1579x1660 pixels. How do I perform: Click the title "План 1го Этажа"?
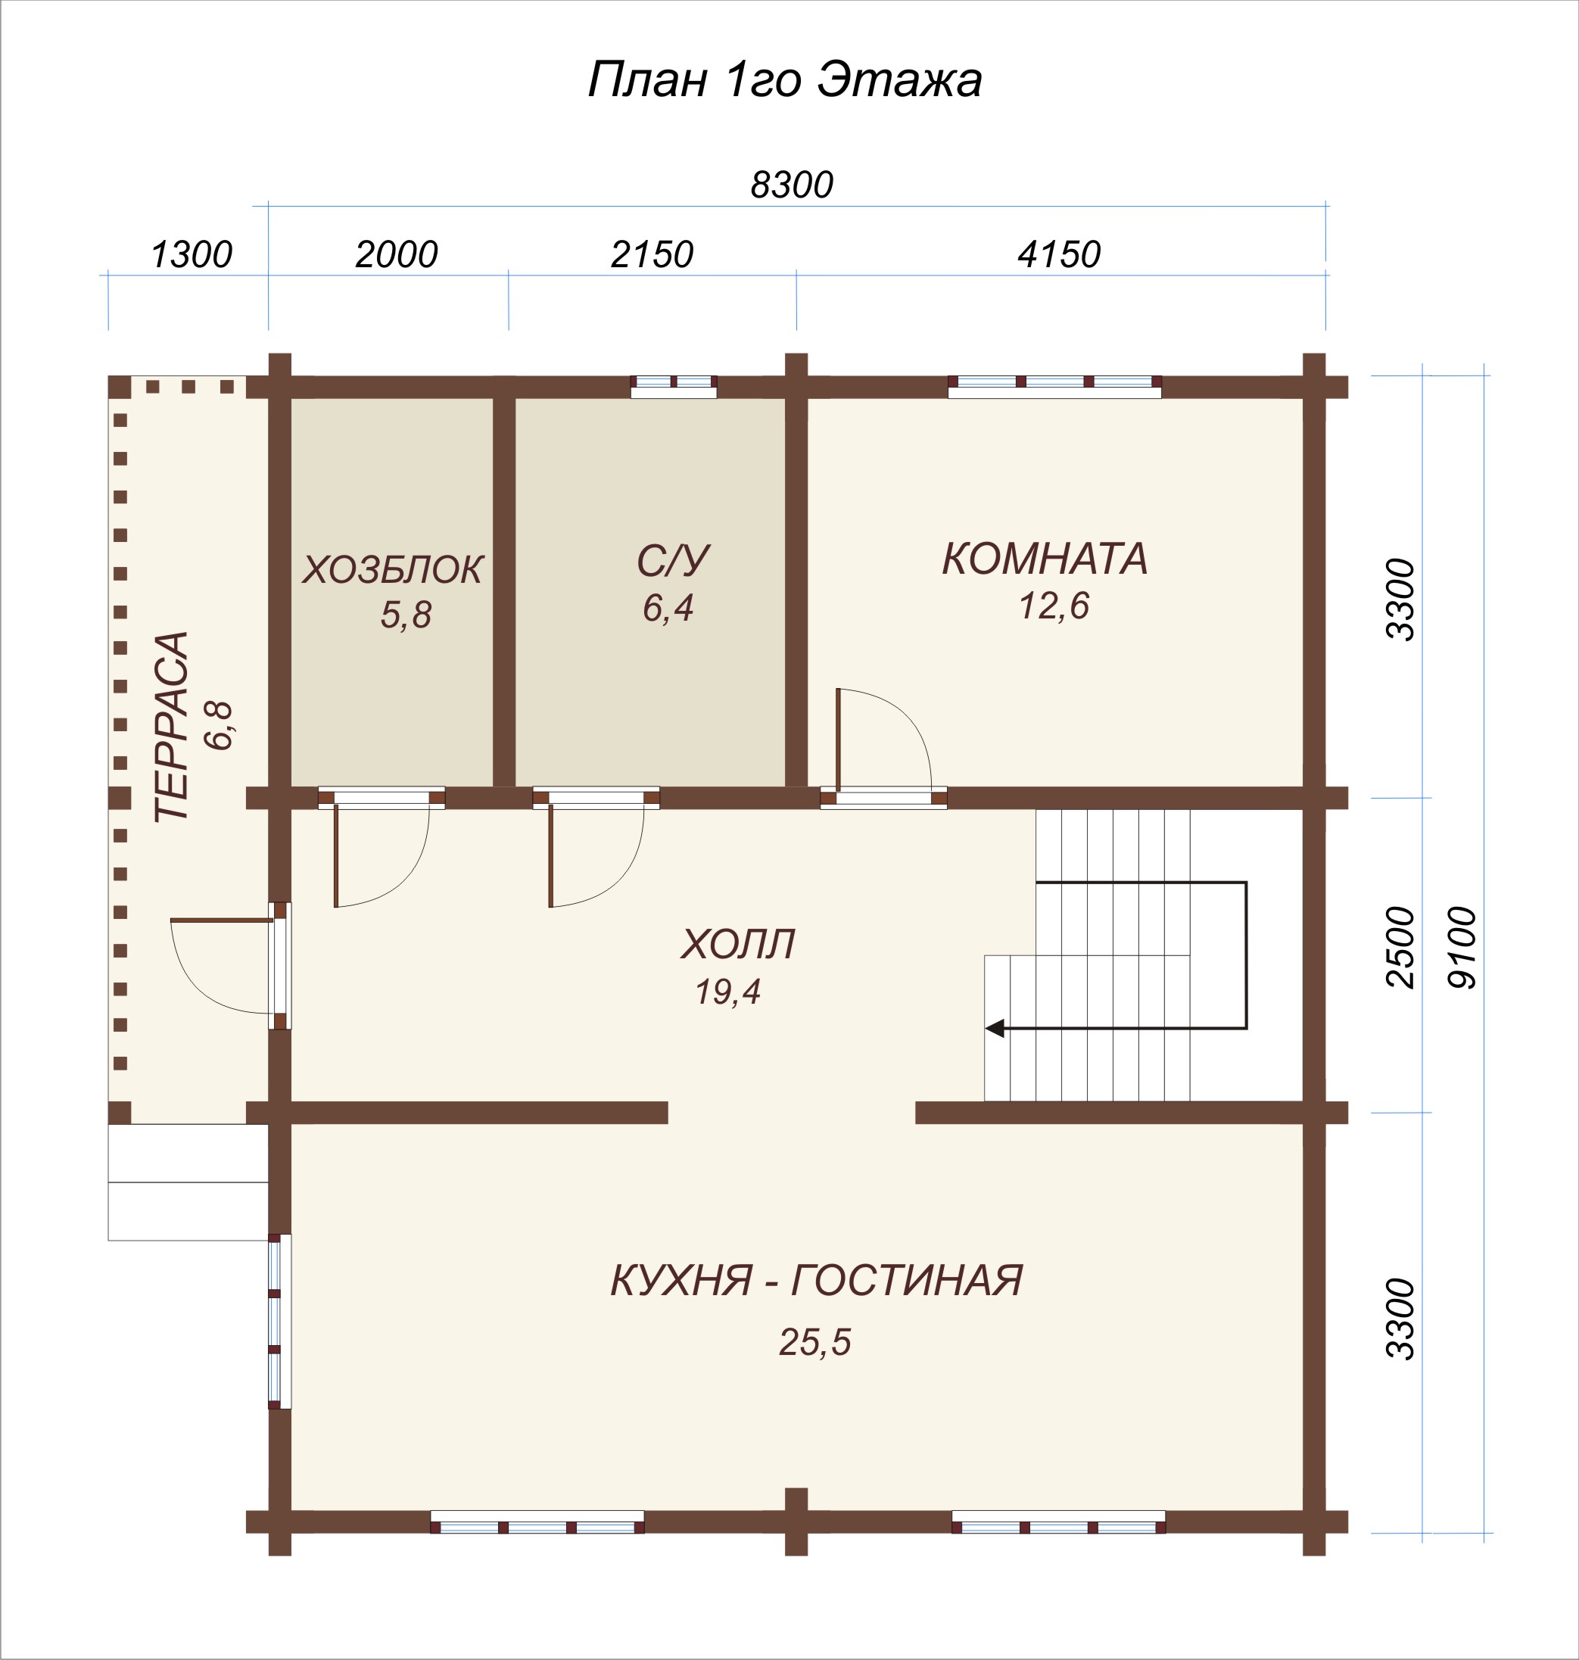pos(784,81)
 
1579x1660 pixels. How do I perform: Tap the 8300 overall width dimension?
pos(792,185)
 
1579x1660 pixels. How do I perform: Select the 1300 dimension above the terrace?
pos(191,254)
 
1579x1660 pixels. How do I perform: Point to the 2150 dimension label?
pos(652,254)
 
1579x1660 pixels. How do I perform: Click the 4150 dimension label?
pos(1059,254)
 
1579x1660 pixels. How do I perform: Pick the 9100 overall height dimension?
pos(1462,947)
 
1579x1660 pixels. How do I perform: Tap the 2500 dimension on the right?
pos(1401,947)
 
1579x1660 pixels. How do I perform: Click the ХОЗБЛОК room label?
pos(392,570)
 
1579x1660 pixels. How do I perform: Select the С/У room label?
pos(674,561)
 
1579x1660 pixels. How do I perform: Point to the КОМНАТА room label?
pos(1045,558)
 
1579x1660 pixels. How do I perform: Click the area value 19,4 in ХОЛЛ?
pos(727,992)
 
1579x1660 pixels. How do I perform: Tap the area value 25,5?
pos(814,1343)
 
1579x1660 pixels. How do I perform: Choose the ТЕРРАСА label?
pos(172,726)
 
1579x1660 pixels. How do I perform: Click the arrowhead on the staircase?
pos(995,1028)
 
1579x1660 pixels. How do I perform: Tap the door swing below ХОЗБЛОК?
pos(382,855)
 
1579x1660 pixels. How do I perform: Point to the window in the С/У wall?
pos(674,386)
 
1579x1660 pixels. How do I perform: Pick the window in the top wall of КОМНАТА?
pos(1054,386)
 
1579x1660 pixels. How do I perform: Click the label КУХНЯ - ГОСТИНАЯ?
pos(817,1280)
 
